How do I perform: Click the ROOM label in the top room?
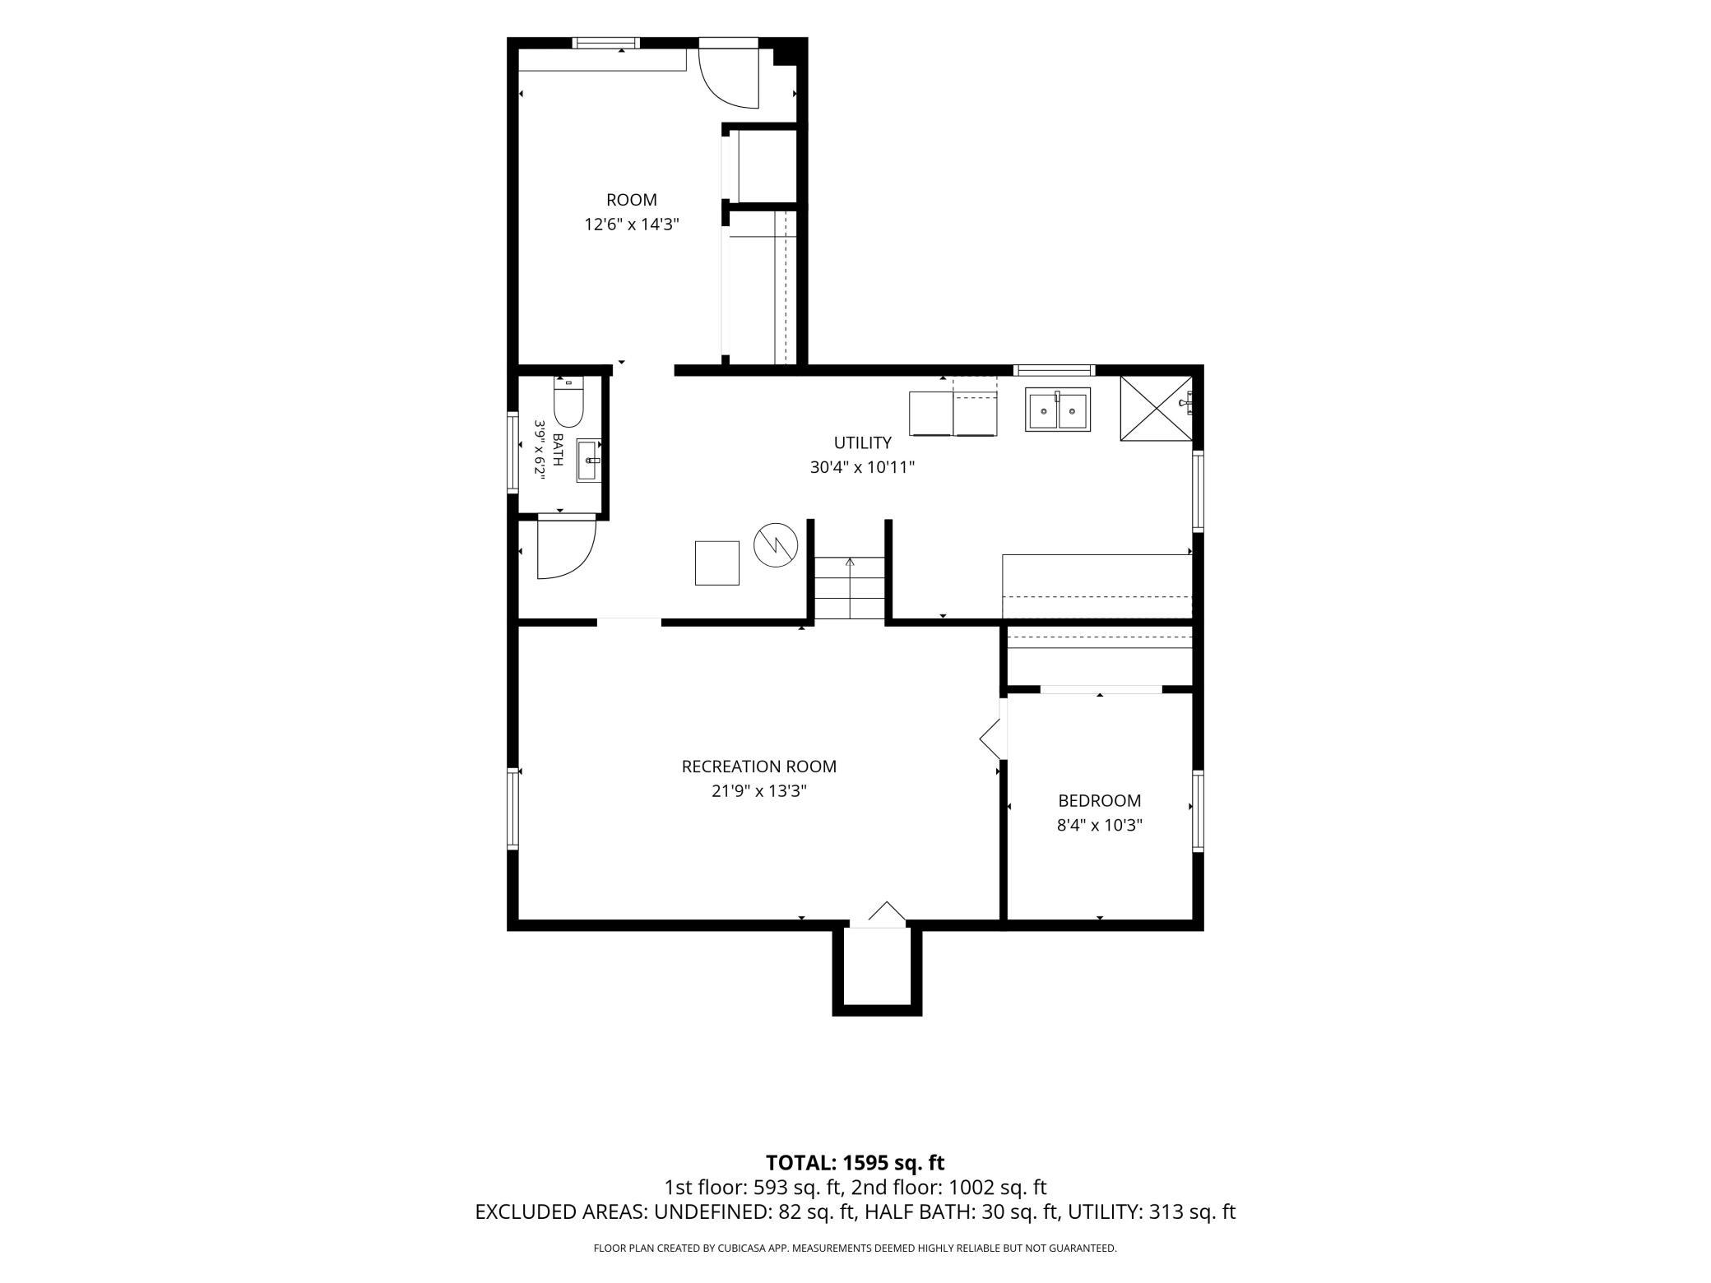coord(632,200)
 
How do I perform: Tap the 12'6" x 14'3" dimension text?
coord(632,224)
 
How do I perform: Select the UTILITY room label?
coord(862,443)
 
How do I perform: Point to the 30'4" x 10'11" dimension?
coord(862,467)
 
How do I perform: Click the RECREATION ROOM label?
coord(758,767)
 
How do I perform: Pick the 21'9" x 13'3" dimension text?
coord(758,791)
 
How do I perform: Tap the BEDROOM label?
coord(1100,800)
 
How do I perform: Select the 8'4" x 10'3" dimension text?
coord(1100,825)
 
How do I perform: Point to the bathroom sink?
coord(589,461)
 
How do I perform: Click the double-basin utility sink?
coord(1057,410)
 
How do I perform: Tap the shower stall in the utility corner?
coord(1156,409)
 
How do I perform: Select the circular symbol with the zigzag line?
coord(777,544)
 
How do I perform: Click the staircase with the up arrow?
coord(850,587)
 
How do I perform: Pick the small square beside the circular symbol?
coord(717,563)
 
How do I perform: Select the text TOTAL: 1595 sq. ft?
coord(855,1163)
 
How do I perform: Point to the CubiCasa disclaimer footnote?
coord(855,1248)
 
